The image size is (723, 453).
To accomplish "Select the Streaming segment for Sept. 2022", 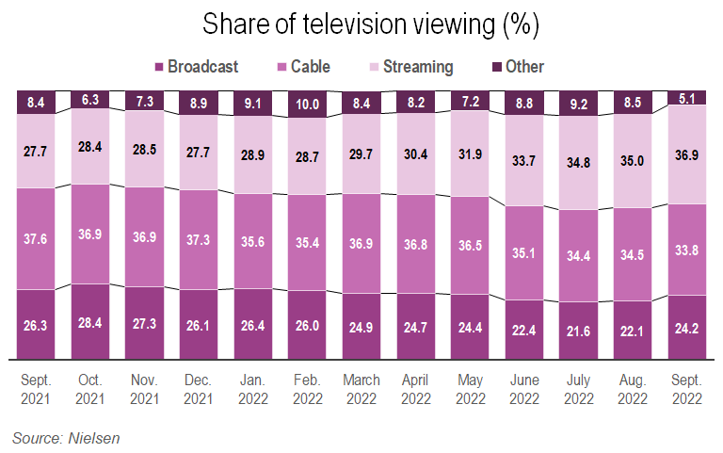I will [687, 154].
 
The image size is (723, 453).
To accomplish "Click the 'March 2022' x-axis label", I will [361, 388].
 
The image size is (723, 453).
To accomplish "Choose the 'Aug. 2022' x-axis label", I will [633, 388].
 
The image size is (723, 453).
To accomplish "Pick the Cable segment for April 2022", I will [416, 243].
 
